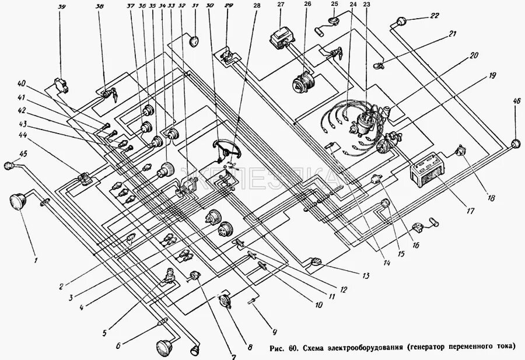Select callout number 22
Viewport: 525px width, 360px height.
pyautogui.click(x=434, y=16)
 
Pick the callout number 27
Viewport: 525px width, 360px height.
pyautogui.click(x=281, y=5)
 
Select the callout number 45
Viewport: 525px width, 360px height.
pyautogui.click(x=23, y=154)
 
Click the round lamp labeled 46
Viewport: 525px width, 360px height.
pyautogui.click(x=515, y=145)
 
